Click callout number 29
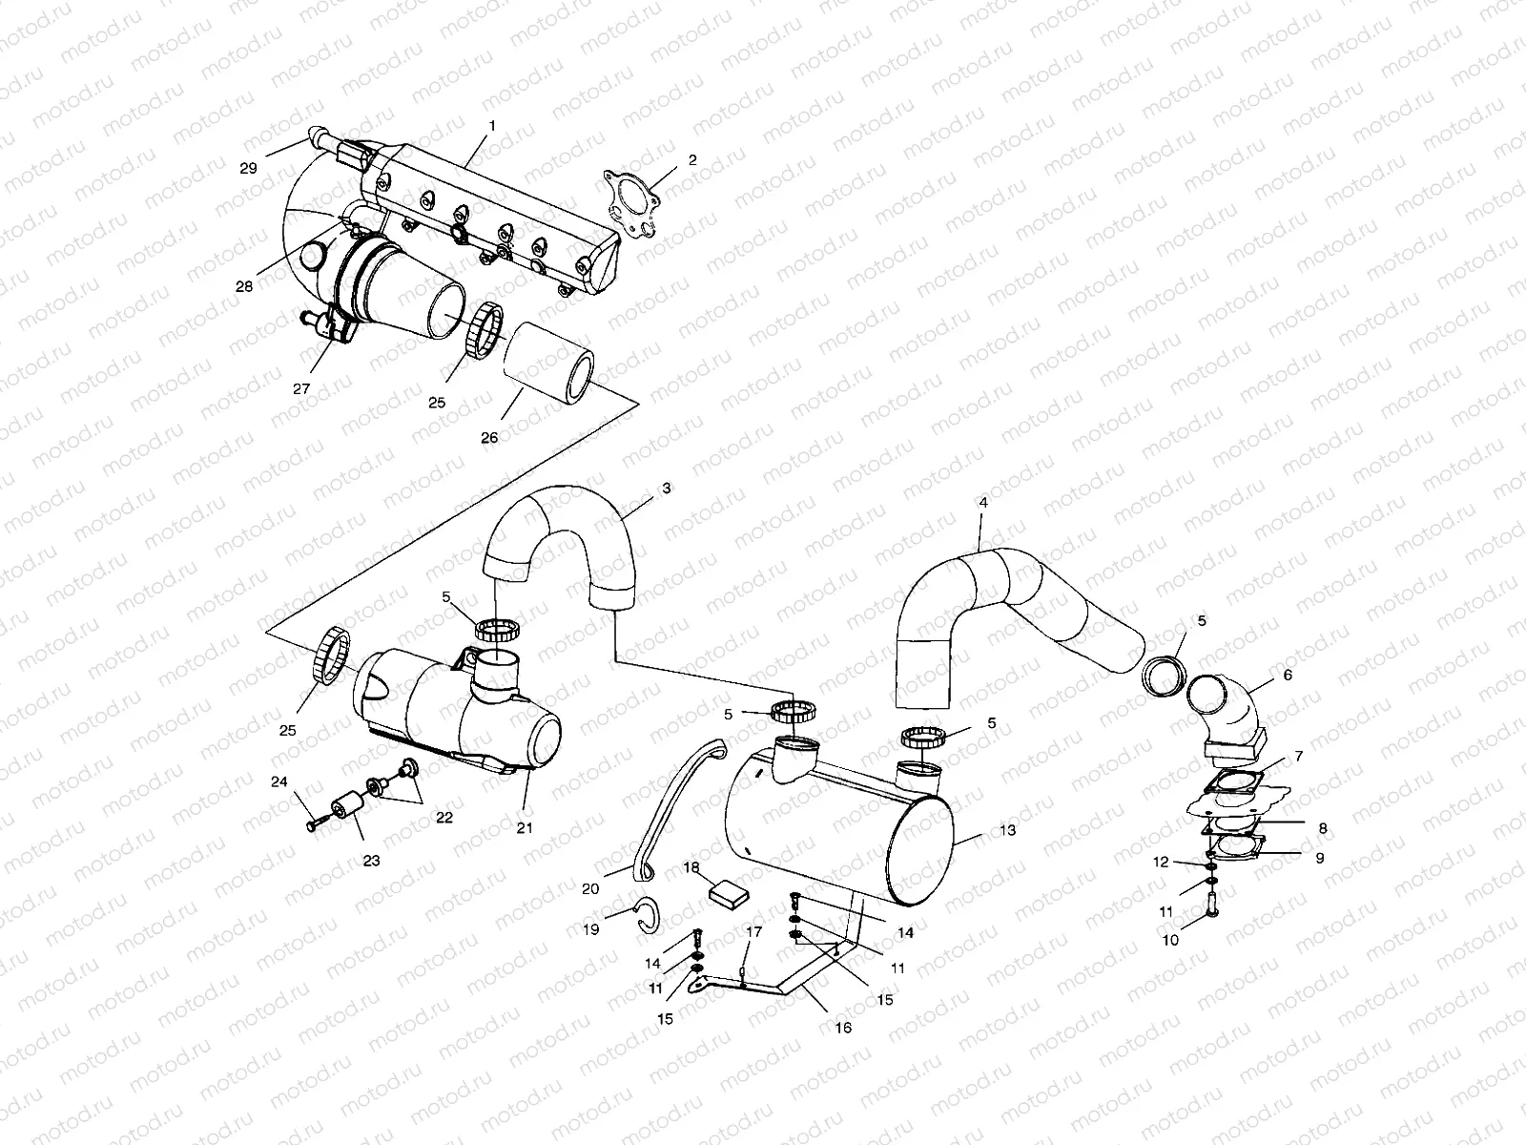click(248, 168)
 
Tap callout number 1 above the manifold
click(492, 126)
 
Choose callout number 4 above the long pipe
click(983, 502)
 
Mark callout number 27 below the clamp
click(301, 388)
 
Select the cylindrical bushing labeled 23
click(350, 810)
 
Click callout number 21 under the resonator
click(525, 827)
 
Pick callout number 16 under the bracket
click(843, 1029)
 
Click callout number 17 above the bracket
click(753, 931)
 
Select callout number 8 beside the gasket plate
click(1323, 829)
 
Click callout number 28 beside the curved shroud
click(244, 286)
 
